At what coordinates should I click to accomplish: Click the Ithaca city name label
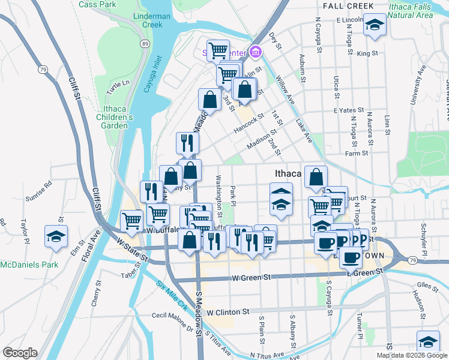point(287,173)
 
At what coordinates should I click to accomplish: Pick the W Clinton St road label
point(228,312)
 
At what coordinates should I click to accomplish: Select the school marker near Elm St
point(56,235)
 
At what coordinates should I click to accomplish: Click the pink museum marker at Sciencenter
point(256,52)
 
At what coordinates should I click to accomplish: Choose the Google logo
point(20,353)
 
